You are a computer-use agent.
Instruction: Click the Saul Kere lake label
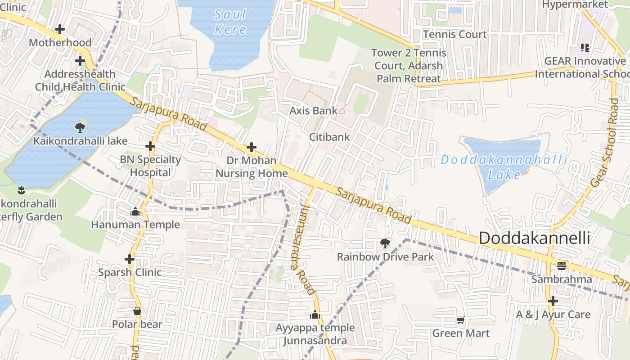pyautogui.click(x=230, y=22)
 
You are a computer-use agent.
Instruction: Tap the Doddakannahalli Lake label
pyautogui.click(x=504, y=167)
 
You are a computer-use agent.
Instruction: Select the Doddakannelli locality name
pyautogui.click(x=534, y=238)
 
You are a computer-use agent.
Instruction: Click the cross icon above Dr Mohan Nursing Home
pyautogui.click(x=252, y=147)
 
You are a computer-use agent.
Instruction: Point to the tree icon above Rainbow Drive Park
pyautogui.click(x=385, y=243)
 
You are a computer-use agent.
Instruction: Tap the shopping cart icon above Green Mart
pyautogui.click(x=460, y=320)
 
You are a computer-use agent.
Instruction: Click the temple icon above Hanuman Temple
pyautogui.click(x=135, y=211)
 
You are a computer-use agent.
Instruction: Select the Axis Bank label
pyautogui.click(x=313, y=111)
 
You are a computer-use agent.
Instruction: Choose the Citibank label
pyautogui.click(x=329, y=137)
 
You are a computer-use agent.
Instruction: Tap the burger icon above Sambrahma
pyautogui.click(x=561, y=266)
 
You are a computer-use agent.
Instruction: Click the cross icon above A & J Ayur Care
pyautogui.click(x=553, y=301)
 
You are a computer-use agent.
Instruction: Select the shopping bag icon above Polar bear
pyautogui.click(x=137, y=311)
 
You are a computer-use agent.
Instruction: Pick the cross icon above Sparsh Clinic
pyautogui.click(x=130, y=259)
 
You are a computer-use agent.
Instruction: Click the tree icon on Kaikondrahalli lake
pyautogui.click(x=80, y=127)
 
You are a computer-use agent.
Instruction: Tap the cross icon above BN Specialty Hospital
pyautogui.click(x=150, y=146)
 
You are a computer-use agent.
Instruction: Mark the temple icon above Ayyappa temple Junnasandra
pyautogui.click(x=315, y=315)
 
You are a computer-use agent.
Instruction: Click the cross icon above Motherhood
pyautogui.click(x=60, y=29)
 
